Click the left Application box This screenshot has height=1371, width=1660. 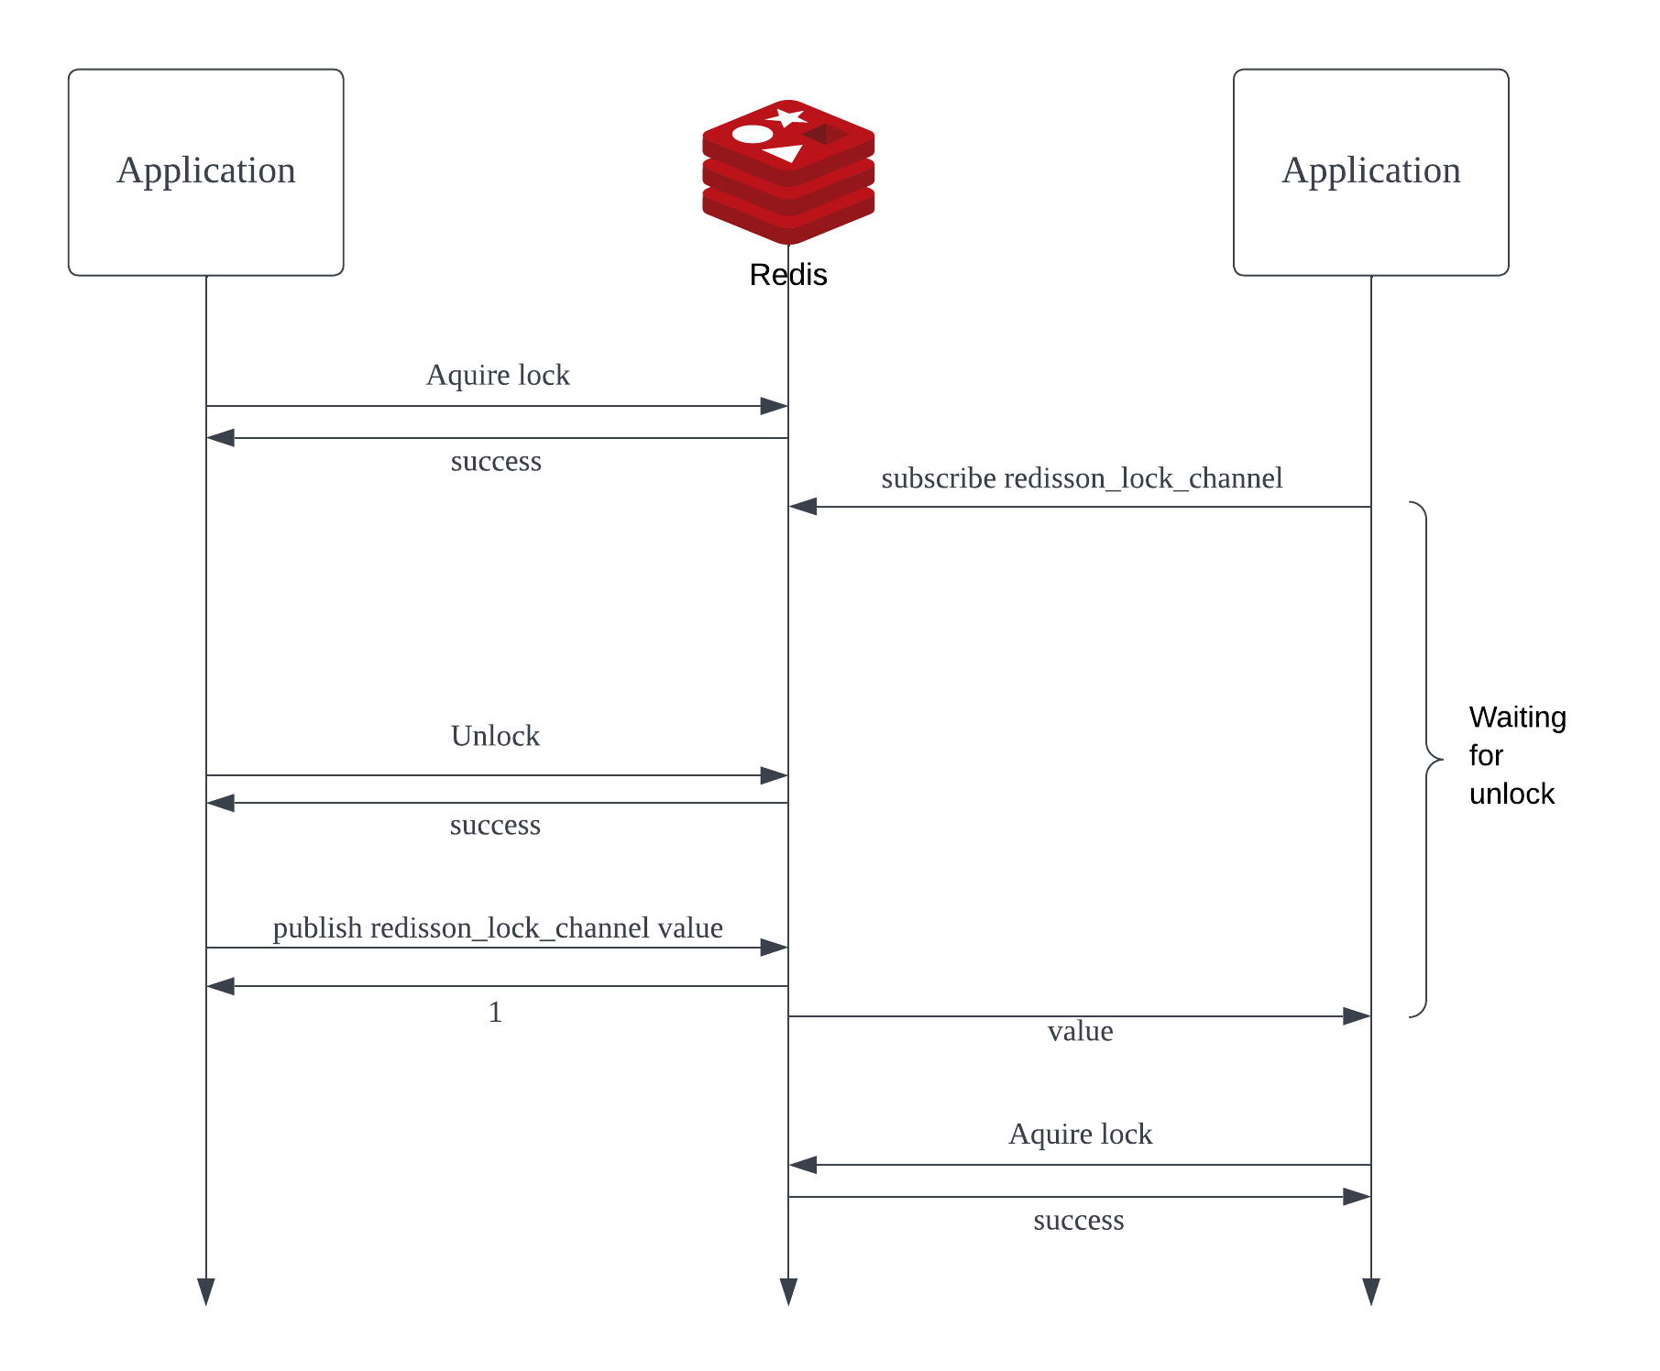click(x=206, y=172)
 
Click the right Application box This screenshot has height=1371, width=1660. click(x=1370, y=172)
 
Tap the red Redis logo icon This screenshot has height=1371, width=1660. click(x=788, y=171)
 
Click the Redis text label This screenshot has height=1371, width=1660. click(x=788, y=275)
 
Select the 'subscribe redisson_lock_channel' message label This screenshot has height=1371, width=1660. click(x=1082, y=478)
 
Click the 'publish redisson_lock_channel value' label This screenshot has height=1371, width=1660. click(x=498, y=928)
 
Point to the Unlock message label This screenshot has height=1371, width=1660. click(x=495, y=736)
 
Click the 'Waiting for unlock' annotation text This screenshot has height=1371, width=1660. click(x=1517, y=755)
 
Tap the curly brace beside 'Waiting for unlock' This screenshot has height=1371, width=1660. click(x=1427, y=760)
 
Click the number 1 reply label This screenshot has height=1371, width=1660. click(x=495, y=1012)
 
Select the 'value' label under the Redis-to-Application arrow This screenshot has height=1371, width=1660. click(x=1081, y=1031)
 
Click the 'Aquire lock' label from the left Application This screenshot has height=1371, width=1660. click(x=498, y=375)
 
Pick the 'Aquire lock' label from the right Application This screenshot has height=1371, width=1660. click(x=1081, y=1135)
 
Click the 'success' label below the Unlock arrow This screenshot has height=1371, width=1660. click(x=495, y=825)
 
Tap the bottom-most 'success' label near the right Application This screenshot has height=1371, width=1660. click(x=1079, y=1220)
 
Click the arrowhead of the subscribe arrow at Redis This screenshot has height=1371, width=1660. click(x=802, y=506)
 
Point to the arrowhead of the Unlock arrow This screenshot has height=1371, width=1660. click(x=775, y=775)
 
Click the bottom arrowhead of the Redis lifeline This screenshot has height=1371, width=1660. click(x=788, y=1292)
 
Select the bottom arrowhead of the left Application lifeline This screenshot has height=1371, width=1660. click(x=206, y=1292)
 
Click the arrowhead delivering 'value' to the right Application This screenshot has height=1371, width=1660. click(x=1357, y=1016)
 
